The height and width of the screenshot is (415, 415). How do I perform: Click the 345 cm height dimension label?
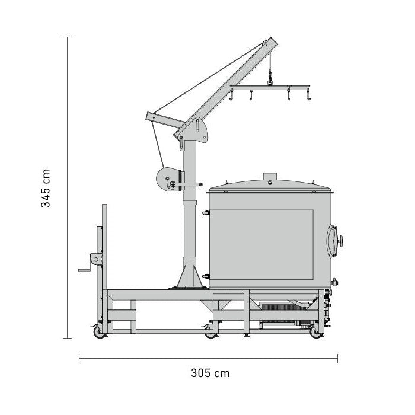(46, 188)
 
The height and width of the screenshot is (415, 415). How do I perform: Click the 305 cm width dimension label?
(210, 373)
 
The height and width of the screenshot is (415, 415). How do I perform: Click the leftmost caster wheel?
(99, 332)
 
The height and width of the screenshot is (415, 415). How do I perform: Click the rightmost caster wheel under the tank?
(315, 332)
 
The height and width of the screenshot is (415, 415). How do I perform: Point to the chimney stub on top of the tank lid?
(270, 176)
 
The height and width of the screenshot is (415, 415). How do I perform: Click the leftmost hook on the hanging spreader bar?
(231, 95)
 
